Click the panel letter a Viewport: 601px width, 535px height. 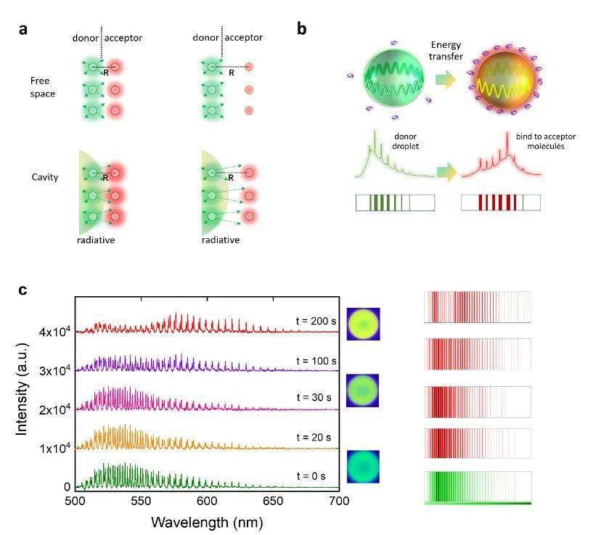pos(24,30)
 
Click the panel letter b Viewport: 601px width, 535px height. pos(302,30)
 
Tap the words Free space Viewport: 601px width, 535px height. pos(37,86)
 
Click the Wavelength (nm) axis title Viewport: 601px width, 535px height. pos(206,522)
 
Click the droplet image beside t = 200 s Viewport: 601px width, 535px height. pos(362,324)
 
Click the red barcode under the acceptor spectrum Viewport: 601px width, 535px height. pos(502,203)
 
